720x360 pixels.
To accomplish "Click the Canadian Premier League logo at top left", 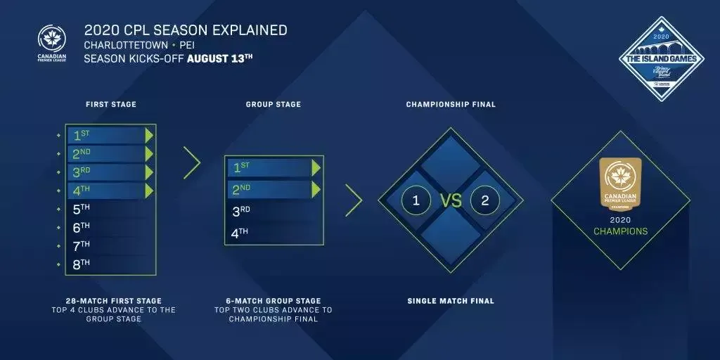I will pyautogui.click(x=53, y=42).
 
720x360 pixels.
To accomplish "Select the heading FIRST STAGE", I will pyautogui.click(x=111, y=105).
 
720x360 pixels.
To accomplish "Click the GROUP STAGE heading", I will pyautogui.click(x=273, y=105).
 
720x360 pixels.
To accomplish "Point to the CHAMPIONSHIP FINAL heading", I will pyautogui.click(x=451, y=105).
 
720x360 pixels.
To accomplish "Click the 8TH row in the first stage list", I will pyautogui.click(x=82, y=264).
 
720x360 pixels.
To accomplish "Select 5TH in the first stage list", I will pyautogui.click(x=82, y=209).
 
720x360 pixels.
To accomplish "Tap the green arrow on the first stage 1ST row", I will pyautogui.click(x=149, y=135).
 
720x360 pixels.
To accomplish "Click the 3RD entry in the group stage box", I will pyautogui.click(x=240, y=212).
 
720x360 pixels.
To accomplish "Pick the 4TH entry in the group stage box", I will pyautogui.click(x=240, y=233).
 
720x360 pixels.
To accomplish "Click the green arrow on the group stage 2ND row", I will pyautogui.click(x=316, y=189).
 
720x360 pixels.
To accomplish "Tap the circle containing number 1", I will pyautogui.click(x=416, y=200).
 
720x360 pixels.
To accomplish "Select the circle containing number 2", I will pyautogui.click(x=484, y=200).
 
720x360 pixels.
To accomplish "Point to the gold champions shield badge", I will pyautogui.click(x=620, y=184).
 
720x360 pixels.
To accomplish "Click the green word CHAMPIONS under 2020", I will pyautogui.click(x=620, y=231).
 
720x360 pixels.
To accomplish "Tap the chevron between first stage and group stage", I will pyautogui.click(x=191, y=162).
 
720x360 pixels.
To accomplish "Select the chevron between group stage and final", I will pyautogui.click(x=354, y=200).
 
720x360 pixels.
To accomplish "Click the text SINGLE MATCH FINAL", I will pyautogui.click(x=451, y=301).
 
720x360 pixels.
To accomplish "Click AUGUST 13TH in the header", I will pyautogui.click(x=219, y=58).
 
